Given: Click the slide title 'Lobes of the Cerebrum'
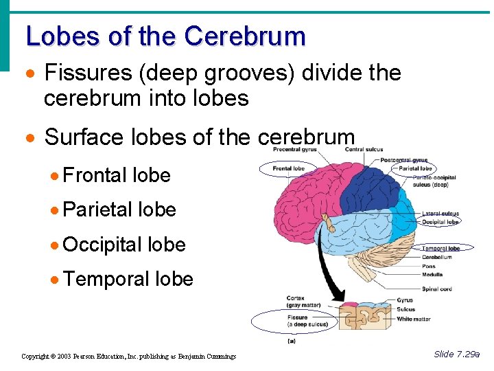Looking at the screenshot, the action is click(165, 36).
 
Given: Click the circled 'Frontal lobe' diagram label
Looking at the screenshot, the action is click(288, 168).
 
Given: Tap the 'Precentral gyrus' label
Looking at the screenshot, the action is click(295, 149).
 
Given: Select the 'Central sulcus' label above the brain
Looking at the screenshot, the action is click(364, 149).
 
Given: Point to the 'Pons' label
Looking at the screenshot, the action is click(429, 265).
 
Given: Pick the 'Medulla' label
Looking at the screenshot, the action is click(432, 273).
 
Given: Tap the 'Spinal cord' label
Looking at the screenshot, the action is click(436, 289).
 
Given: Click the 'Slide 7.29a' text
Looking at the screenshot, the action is click(457, 354).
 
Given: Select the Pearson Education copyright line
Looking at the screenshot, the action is click(128, 356).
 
